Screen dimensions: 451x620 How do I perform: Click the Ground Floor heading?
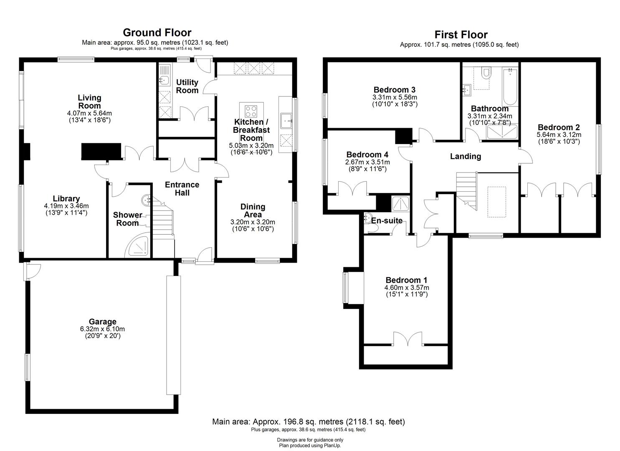tap(157, 33)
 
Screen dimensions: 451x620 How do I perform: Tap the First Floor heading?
tap(461, 35)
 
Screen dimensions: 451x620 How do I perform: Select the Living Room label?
tap(89, 101)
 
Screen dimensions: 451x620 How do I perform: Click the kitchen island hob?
tap(251, 111)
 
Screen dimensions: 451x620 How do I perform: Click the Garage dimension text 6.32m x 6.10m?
tap(102, 329)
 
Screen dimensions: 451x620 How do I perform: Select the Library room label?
tap(66, 199)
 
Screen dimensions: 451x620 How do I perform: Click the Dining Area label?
tap(253, 210)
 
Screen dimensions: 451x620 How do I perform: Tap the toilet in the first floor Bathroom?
tap(486, 73)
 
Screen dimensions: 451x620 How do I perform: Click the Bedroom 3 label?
tap(394, 90)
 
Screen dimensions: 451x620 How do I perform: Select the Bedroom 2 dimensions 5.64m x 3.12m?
tap(559, 135)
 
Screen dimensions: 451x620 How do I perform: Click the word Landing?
tap(465, 157)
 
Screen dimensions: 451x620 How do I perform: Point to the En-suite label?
tap(387, 220)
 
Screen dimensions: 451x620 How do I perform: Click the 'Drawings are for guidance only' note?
tap(310, 440)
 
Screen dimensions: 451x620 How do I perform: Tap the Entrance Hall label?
tap(182, 189)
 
